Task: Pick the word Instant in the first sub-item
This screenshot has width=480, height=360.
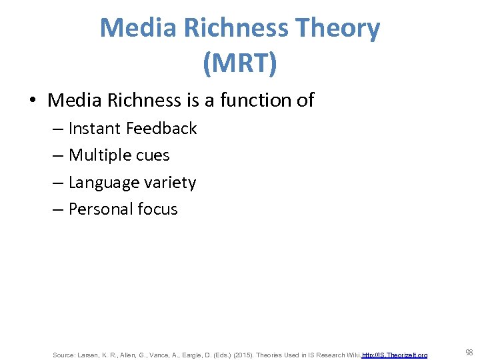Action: click(94, 129)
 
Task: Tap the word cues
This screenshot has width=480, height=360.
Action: click(153, 156)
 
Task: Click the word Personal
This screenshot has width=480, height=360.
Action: click(100, 209)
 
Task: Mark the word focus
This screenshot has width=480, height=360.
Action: click(157, 209)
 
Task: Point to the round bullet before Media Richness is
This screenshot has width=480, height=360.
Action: click(32, 101)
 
